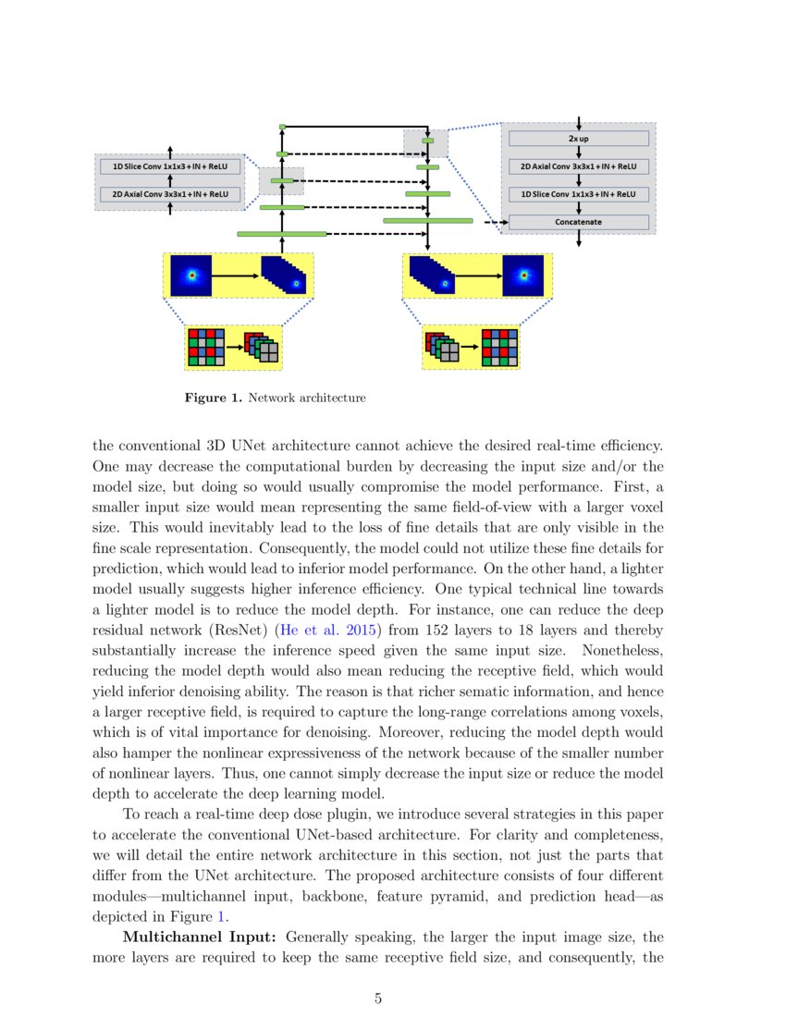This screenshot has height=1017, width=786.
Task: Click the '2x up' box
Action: (578, 139)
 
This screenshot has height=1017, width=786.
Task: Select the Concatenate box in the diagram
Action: (578, 222)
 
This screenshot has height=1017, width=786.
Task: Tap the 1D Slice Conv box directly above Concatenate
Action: (578, 195)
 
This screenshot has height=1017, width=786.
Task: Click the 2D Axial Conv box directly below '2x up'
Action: (578, 167)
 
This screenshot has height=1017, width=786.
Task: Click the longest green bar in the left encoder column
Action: (282, 234)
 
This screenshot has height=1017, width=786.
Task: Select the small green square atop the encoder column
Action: (282, 126)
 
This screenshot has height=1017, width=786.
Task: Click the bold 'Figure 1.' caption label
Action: (214, 398)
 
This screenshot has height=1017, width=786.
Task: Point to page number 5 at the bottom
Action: (378, 998)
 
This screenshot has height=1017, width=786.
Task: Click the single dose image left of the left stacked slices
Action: (190, 276)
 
